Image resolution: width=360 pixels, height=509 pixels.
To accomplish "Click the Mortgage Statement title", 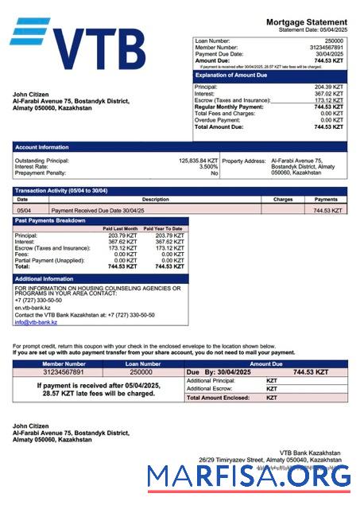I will (306, 21).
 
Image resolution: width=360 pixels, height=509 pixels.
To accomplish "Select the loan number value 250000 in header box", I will (335, 40).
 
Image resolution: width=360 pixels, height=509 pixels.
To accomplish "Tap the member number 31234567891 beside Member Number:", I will (327, 47).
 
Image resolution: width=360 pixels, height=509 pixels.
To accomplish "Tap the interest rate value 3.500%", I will (208, 167).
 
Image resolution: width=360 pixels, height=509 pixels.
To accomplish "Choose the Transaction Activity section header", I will (61, 191).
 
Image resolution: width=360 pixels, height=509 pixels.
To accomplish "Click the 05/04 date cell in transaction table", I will (24, 211).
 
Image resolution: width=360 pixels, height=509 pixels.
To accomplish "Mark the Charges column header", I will (283, 200).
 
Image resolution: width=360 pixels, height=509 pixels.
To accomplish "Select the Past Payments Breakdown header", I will (52, 220).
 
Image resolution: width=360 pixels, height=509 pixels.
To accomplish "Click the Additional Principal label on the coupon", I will (210, 381).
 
